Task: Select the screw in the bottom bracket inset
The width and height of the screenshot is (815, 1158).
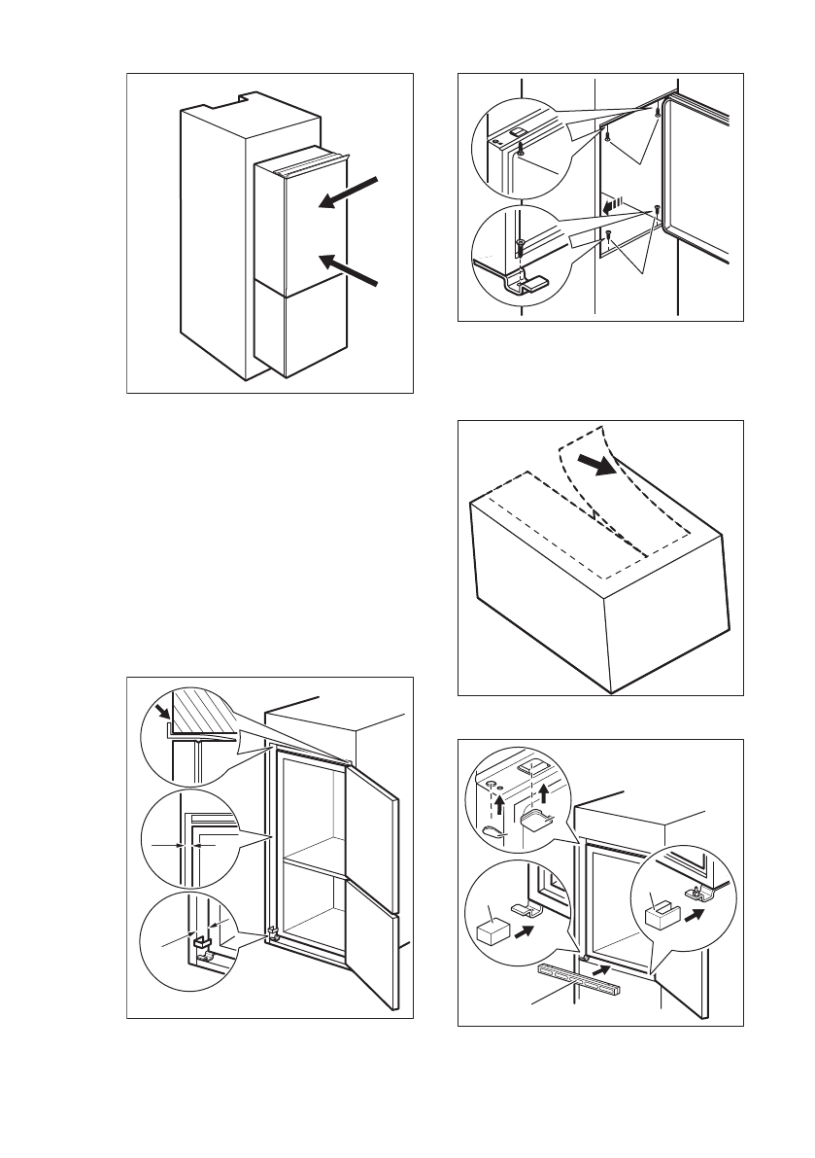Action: pos(523,246)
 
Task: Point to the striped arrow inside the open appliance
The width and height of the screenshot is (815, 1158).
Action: pos(612,206)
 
